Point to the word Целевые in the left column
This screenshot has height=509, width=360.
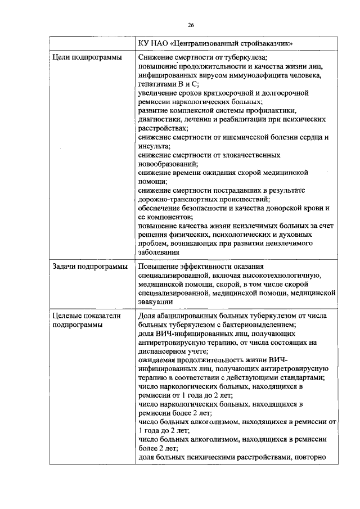point(69,316)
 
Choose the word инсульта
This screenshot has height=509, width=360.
point(154,145)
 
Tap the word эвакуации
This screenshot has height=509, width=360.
point(157,301)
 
